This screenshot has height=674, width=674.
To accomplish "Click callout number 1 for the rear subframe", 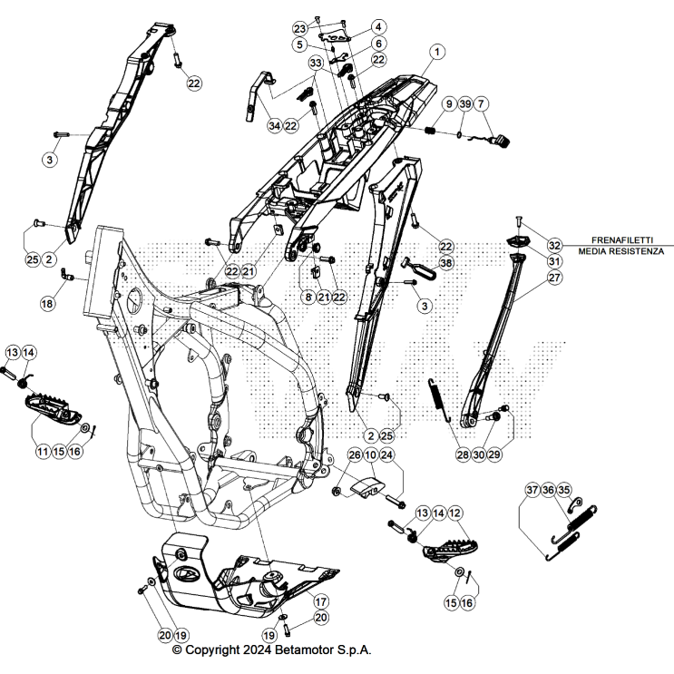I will [x=437, y=53].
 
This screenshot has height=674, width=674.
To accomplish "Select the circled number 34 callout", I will [x=274, y=126].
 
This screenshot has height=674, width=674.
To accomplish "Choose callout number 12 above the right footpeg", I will [x=455, y=513].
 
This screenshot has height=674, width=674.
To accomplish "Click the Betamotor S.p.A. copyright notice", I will [x=271, y=650].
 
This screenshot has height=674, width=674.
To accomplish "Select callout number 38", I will [x=445, y=261].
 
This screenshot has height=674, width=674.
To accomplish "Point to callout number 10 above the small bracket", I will [x=370, y=454].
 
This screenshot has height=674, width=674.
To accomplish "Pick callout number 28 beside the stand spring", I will [x=464, y=454].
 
